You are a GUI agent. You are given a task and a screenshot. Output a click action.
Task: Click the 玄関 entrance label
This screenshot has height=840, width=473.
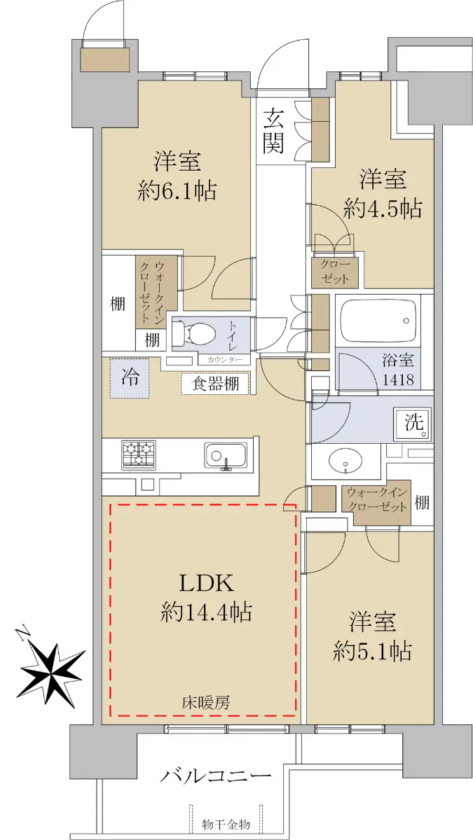pos(273,131)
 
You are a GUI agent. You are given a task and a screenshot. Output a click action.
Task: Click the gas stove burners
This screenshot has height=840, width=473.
pos(139,455)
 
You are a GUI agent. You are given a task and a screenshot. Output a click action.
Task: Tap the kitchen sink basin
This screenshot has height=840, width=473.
pos(226,455)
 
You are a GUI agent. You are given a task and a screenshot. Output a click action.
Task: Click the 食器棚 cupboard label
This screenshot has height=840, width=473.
pos(216,384)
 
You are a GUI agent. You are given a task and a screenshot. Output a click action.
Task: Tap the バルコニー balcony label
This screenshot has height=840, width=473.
pos(216,776)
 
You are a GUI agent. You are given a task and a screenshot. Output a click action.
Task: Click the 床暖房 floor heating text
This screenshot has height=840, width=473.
pos(206,702)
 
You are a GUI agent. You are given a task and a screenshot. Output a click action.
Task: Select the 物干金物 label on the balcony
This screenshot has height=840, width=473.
pos(226,825)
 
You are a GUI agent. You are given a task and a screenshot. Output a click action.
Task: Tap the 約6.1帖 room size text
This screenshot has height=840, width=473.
pos(177,190)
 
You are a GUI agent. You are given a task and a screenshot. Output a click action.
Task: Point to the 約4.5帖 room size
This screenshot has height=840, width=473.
pos(383,208)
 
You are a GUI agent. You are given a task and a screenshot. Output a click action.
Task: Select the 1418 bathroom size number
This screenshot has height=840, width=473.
pos(398,380)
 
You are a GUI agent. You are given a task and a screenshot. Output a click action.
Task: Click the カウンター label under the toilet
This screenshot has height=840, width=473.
pos(224,360)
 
